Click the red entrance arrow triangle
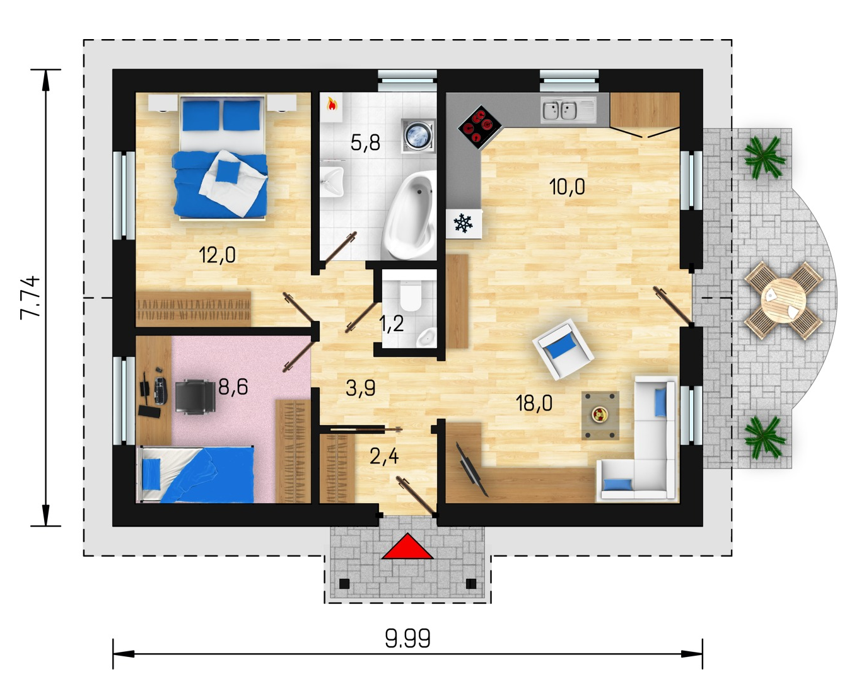pyautogui.click(x=407, y=547)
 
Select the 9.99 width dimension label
pyautogui.click(x=408, y=639)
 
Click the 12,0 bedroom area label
pyautogui.click(x=217, y=255)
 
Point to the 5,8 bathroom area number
pyautogui.click(x=365, y=142)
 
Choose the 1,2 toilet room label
pyautogui.click(x=392, y=324)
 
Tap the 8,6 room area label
pyautogui.click(x=233, y=387)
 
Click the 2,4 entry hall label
pyautogui.click(x=384, y=456)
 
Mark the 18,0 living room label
pyautogui.click(x=534, y=403)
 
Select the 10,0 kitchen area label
pyautogui.click(x=567, y=187)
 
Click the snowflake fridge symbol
pyautogui.click(x=463, y=224)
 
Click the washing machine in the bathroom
pyautogui.click(x=418, y=136)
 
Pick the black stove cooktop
pyautogui.click(x=480, y=127)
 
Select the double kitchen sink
pyautogui.click(x=560, y=110)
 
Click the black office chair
pyautogui.click(x=196, y=397)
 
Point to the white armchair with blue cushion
pyautogui.click(x=563, y=349)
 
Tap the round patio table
pyautogui.click(x=783, y=300)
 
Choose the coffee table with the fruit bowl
pyautogui.click(x=600, y=415)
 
